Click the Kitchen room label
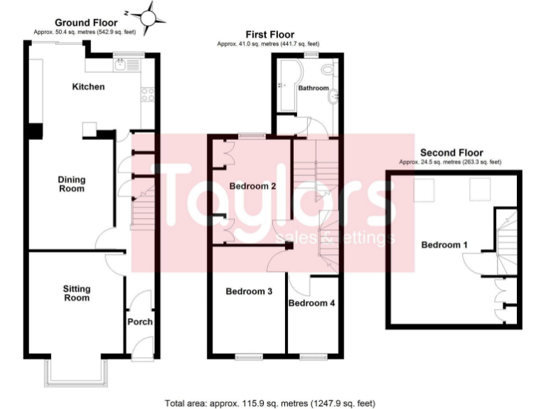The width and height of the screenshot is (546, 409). pos(89,87)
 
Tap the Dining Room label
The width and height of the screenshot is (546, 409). pos(71,184)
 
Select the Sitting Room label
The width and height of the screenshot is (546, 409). pos(76,293)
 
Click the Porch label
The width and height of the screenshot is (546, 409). pos(140,322)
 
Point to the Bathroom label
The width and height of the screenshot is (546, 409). pos(314,88)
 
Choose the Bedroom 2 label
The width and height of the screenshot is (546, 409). pos(252,186)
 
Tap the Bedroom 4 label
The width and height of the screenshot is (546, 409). pos(311,302)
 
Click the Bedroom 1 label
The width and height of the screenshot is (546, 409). pos(444,244)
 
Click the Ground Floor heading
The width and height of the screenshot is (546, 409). pos(86,23)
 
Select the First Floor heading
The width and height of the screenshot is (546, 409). pos(270,34)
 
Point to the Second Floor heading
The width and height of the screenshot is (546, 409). pos(451,153)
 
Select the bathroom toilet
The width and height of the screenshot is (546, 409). pos(327,70)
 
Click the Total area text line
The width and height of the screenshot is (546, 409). pos(269,403)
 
